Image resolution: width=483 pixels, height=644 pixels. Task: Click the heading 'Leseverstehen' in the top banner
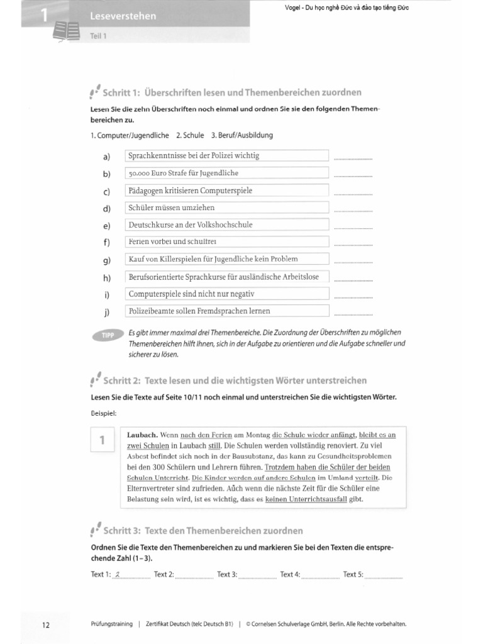pos(123,15)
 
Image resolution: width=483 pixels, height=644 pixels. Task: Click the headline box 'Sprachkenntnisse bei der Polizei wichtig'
pos(228,155)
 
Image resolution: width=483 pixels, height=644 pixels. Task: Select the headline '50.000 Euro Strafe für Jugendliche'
pos(228,173)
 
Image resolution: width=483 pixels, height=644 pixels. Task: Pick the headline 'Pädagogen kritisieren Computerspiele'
pos(228,190)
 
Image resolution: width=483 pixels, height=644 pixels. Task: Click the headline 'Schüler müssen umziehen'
pos(228,207)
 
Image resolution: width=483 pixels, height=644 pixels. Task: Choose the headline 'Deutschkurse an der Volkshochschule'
pos(228,225)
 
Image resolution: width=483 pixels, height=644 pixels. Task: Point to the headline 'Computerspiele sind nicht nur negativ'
pos(228,294)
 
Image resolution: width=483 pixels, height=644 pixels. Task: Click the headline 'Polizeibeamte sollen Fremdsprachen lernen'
pos(228,311)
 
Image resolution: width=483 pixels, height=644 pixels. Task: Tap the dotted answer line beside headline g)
pos(353,262)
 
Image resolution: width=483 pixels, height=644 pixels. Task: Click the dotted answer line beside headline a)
pos(353,158)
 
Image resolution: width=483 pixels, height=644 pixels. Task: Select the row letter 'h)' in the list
pos(106,277)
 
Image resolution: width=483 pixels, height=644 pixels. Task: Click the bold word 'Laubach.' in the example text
pos(143,435)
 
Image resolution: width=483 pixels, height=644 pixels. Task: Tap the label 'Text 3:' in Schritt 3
pos(227,574)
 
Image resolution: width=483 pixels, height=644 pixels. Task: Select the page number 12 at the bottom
pos(45,625)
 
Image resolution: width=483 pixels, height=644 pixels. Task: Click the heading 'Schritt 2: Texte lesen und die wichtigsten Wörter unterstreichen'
pos(235,380)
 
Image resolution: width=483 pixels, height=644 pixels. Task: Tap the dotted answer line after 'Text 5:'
pos(384,576)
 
